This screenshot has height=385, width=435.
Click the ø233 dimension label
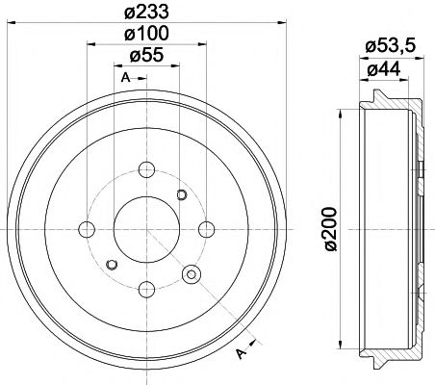[x=145, y=12]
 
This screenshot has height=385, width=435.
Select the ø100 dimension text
[x=145, y=33]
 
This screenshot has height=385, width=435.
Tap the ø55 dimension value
[x=145, y=55]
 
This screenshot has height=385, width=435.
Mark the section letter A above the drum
[x=125, y=77]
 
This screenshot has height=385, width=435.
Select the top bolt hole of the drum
[x=146, y=170]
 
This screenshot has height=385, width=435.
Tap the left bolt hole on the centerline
[x=87, y=229]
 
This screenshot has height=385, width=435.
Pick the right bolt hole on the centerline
[x=206, y=229]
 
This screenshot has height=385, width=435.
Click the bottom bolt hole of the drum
[x=146, y=288]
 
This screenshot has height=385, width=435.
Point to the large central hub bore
[x=146, y=229]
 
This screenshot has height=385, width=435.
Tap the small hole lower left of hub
[x=112, y=264]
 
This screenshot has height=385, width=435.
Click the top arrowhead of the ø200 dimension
[x=342, y=113]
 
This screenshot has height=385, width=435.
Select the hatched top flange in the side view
[x=385, y=98]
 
